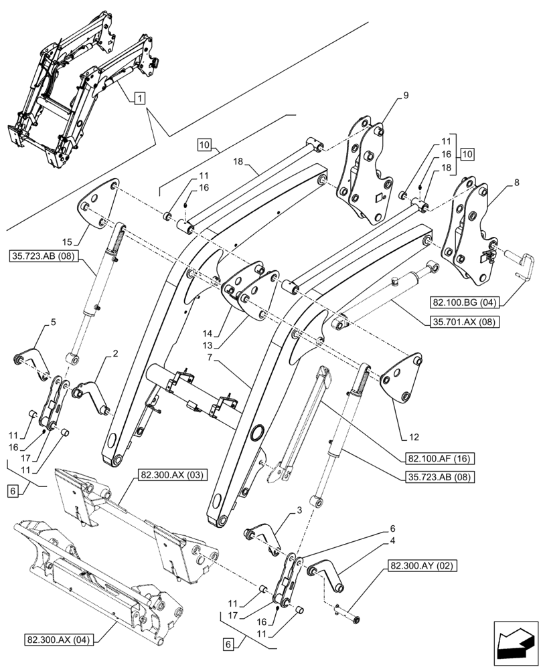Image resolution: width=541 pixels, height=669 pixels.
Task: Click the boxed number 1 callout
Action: pos(138,98)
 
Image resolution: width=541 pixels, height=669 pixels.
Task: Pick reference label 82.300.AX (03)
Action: pos(173,476)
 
